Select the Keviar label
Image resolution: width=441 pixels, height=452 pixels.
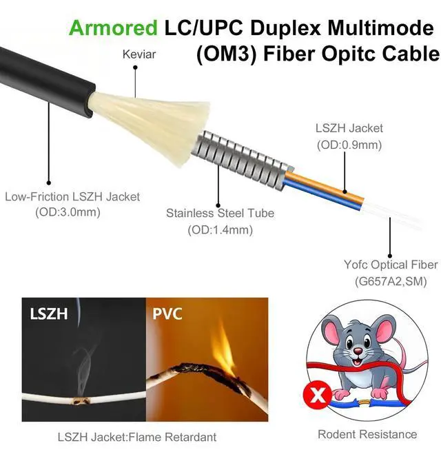[139, 54]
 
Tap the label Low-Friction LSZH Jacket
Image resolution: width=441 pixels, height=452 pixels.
[72, 196]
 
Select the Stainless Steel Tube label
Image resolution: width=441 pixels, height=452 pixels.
[220, 213]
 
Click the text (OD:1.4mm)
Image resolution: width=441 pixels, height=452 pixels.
[219, 229]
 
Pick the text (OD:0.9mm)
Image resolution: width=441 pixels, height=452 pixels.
[349, 145]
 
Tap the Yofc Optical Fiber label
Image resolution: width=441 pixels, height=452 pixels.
[391, 265]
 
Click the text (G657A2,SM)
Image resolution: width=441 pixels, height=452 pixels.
[391, 281]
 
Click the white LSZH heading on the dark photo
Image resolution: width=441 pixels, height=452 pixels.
[48, 314]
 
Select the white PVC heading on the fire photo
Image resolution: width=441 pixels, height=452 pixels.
[167, 314]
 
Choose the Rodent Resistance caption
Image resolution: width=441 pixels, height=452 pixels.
[367, 434]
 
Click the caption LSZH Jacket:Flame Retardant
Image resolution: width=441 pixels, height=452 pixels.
[136, 436]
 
